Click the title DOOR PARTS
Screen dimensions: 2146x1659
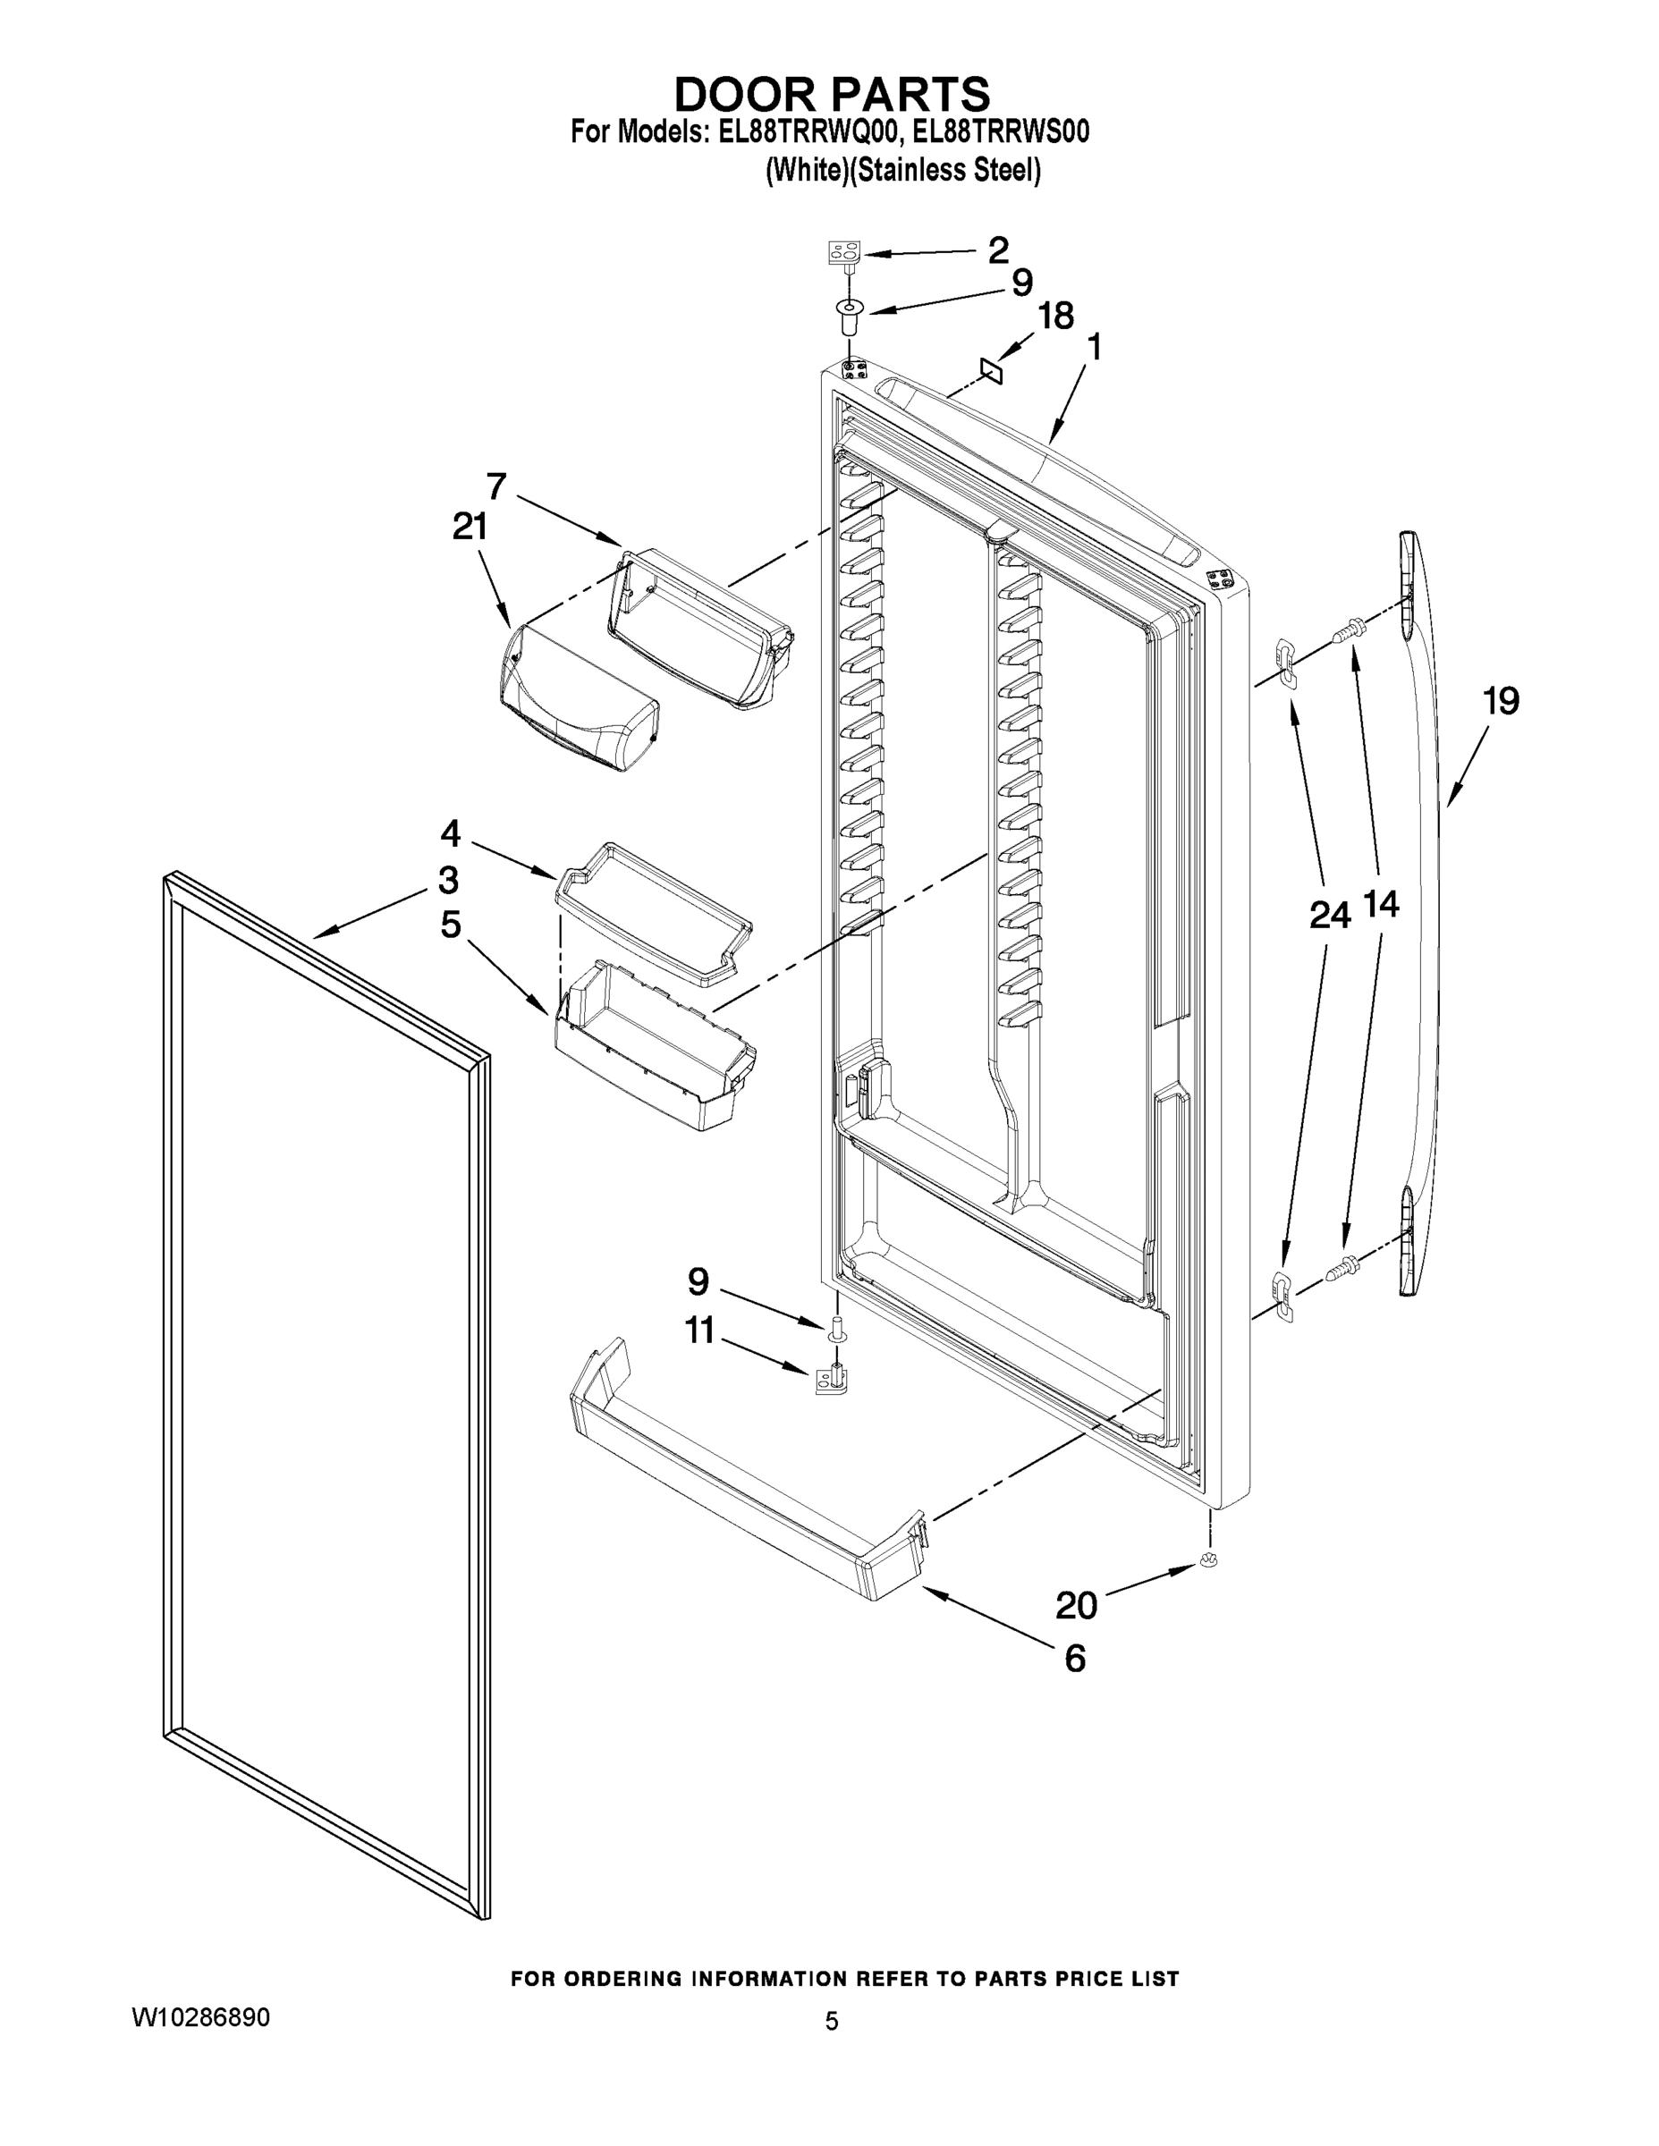click(x=832, y=94)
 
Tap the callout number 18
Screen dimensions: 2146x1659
click(x=1055, y=317)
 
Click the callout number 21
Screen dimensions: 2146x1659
click(x=470, y=528)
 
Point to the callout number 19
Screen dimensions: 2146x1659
click(x=1501, y=701)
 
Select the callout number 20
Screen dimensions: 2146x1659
click(x=1076, y=1606)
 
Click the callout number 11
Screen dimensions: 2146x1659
click(x=699, y=1331)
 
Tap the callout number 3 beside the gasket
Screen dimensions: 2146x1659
click(x=448, y=880)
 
